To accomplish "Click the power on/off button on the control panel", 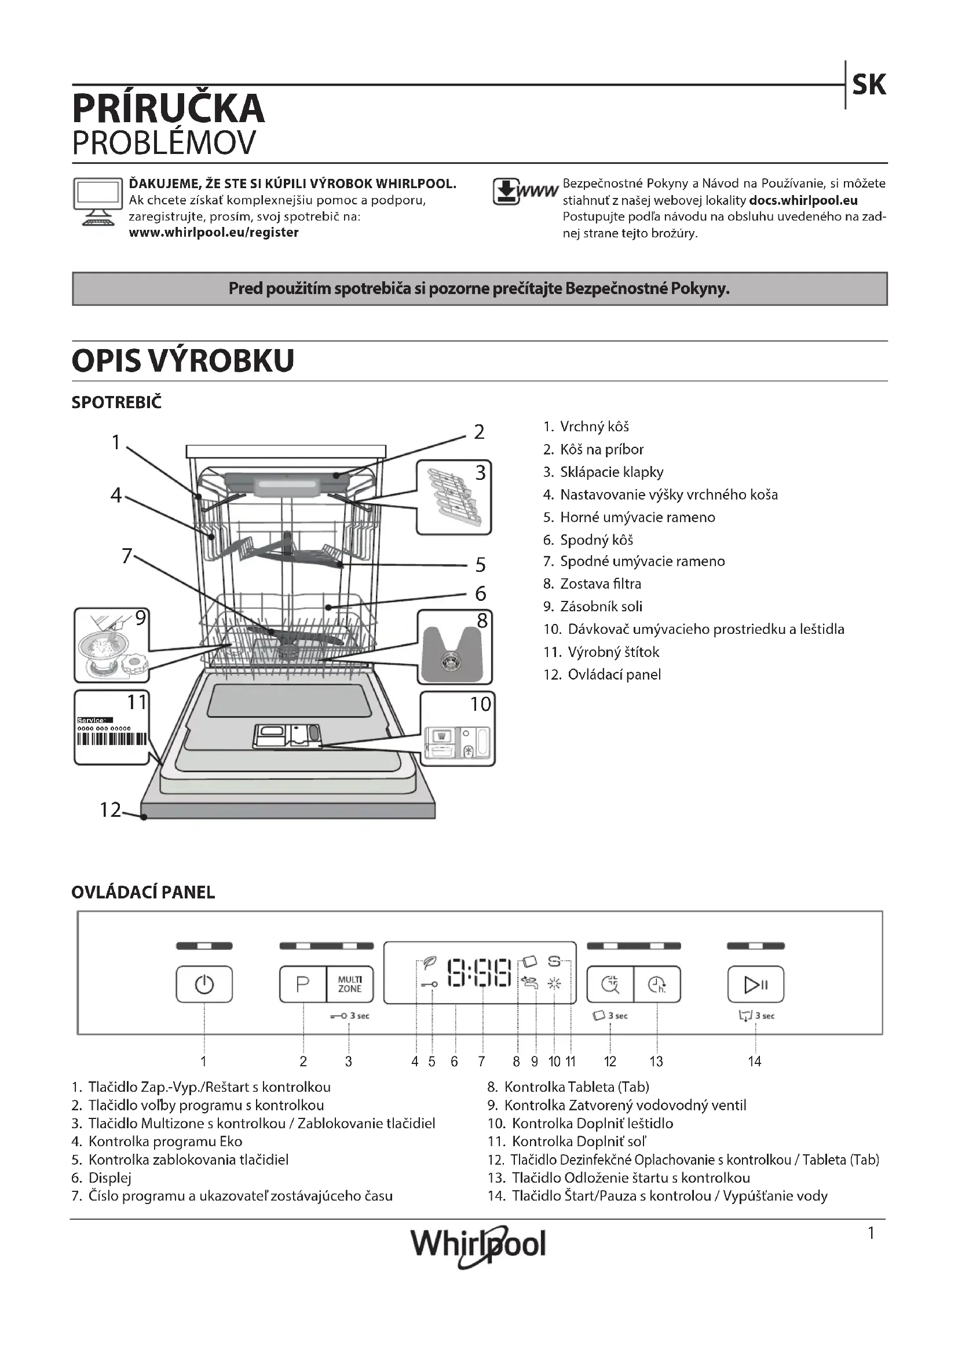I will coord(204,984).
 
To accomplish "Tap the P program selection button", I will coord(302,984).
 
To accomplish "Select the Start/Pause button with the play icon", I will coord(756,984).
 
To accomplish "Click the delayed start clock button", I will coord(657,984).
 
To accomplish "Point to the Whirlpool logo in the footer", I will coord(478,1245).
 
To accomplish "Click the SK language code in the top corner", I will coord(868,85).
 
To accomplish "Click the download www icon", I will coord(524,192).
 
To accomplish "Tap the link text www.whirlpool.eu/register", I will coord(214,232).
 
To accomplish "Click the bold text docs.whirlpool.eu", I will coord(803,200).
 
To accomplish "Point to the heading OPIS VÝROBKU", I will coord(183,361).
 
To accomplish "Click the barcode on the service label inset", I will coord(111,739).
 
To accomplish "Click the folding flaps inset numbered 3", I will coord(454,498).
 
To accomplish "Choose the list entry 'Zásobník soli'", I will coord(601,606).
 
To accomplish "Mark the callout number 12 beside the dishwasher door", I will coord(110,810).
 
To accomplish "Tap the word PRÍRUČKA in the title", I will coord(169,108).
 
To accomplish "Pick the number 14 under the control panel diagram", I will coord(755,1062).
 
